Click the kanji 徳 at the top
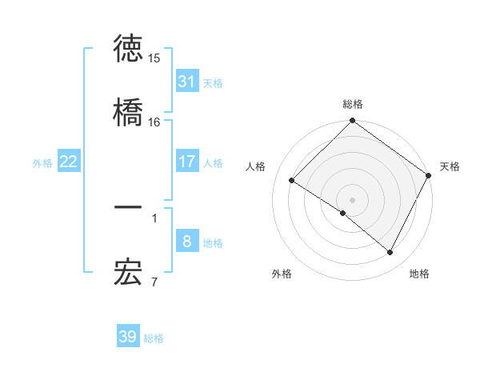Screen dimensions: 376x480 (x=128, y=49)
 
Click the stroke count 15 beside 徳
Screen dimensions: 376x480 (x=154, y=58)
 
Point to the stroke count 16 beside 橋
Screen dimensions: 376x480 (x=154, y=122)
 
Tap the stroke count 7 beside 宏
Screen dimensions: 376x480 (x=154, y=282)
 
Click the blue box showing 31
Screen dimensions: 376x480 (x=186, y=82)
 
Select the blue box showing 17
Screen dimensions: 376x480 (x=186, y=162)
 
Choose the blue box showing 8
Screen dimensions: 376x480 (x=186, y=242)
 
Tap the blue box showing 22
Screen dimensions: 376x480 (x=69, y=162)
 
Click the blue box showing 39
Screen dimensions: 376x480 (x=128, y=337)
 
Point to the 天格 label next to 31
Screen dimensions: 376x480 (x=213, y=82)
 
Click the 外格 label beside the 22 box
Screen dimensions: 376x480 (x=42, y=162)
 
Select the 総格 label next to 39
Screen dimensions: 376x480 (x=154, y=338)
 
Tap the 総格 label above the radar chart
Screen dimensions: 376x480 (x=353, y=104)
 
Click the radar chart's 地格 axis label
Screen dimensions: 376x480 (x=419, y=274)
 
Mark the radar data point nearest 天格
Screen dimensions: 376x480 (x=429, y=175)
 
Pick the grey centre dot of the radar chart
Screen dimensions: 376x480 (x=353, y=199)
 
